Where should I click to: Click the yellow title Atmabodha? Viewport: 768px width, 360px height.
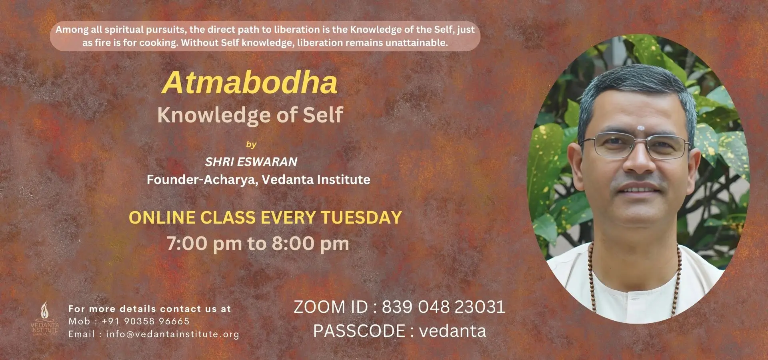tap(250, 83)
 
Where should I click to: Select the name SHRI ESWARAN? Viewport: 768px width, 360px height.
tap(251, 162)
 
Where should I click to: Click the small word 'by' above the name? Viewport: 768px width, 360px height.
tap(251, 144)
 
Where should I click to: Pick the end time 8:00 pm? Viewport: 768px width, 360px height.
tap(310, 244)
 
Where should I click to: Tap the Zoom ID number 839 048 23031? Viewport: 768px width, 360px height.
tap(443, 307)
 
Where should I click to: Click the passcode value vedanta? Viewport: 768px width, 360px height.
tap(453, 331)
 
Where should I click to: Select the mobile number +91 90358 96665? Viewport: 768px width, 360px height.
tap(146, 321)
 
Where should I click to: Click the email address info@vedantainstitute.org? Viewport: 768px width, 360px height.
tap(172, 334)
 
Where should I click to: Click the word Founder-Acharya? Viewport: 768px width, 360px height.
tap(202, 180)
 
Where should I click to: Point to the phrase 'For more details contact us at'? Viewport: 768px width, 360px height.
tap(150, 309)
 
